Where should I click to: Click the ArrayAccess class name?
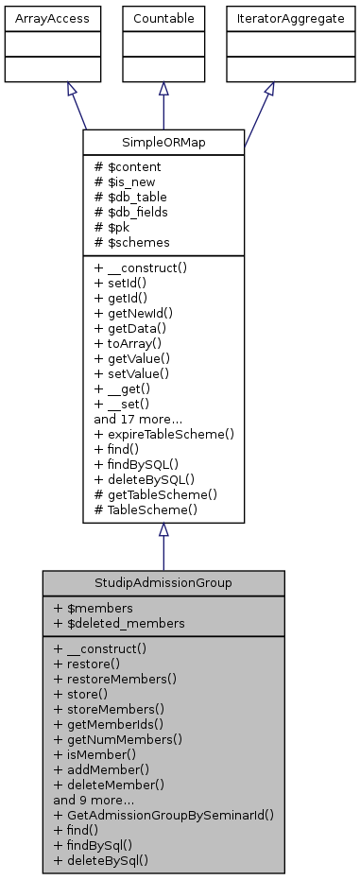tap(39, 17)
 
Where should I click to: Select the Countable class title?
tap(163, 17)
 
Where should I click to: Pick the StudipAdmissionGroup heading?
tap(163, 582)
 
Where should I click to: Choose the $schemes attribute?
tap(131, 243)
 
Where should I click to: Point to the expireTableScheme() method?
tap(163, 434)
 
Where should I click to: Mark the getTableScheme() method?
tap(155, 493)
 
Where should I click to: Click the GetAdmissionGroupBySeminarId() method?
tap(164, 815)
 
